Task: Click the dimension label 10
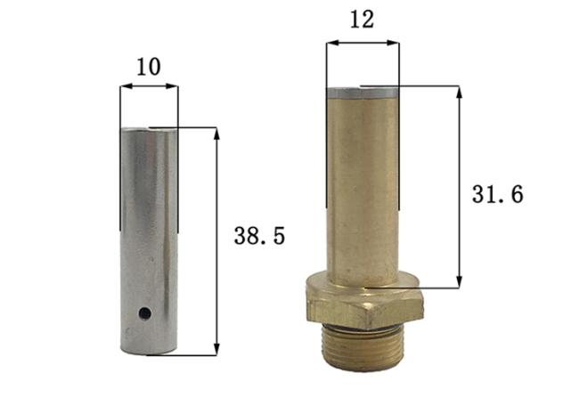148,67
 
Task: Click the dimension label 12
362,20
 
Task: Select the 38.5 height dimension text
259,236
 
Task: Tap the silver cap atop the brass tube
363,91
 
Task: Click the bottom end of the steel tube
149,350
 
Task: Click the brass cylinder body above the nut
363,187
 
